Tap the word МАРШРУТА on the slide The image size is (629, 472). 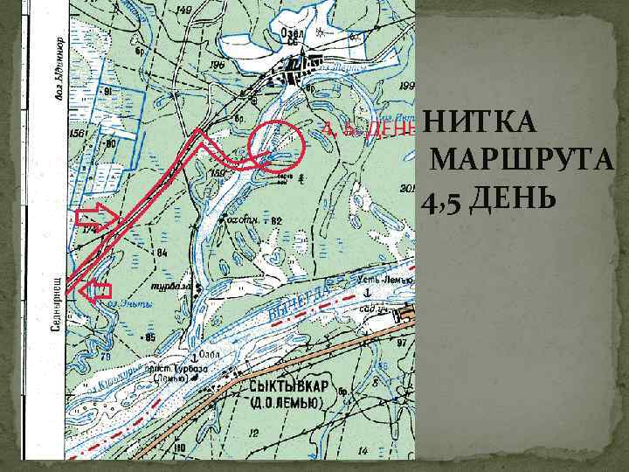(x=524, y=163)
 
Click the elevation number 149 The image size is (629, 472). (x=183, y=10)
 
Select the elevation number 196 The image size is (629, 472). (x=217, y=64)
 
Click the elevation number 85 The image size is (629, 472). (x=150, y=337)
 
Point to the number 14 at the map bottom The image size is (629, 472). (x=363, y=450)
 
